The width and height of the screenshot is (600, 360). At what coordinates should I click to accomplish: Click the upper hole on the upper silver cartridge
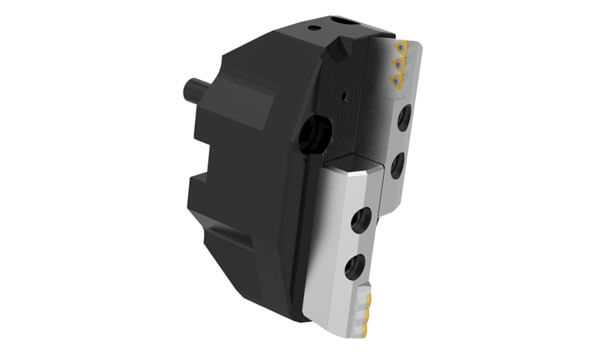tap(402, 119)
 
